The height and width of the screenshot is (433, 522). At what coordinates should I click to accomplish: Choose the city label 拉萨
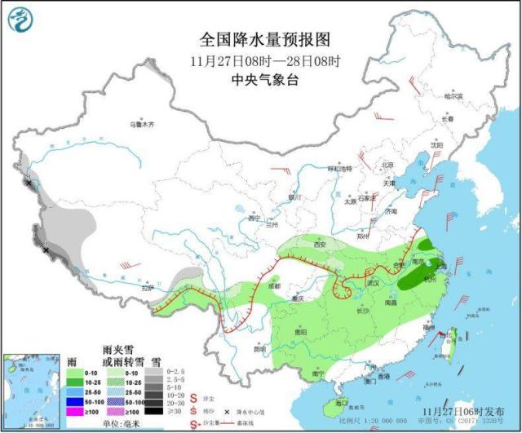147,288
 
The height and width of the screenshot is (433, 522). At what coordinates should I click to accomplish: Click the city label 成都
273,286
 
